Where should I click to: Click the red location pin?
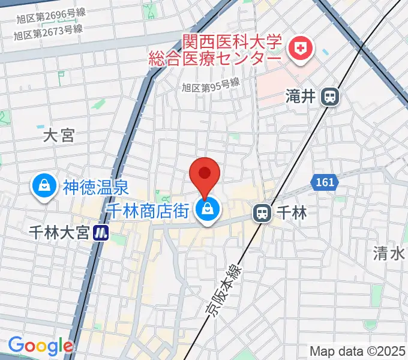point(204,175)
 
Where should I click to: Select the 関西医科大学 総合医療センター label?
point(232,52)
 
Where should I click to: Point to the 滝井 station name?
point(301,97)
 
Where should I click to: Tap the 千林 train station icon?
point(262,212)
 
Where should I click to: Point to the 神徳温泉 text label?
point(95,187)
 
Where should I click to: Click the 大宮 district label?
point(59,136)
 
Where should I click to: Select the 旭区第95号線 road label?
point(211,87)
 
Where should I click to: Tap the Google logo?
point(40,346)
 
